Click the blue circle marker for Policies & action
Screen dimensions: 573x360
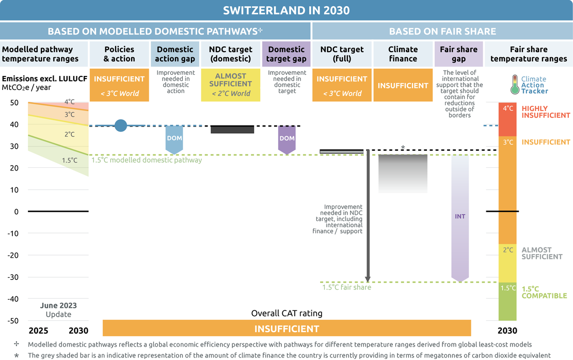(x=120, y=126)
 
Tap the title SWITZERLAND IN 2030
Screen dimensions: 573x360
(x=286, y=10)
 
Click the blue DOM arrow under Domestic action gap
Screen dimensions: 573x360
(x=174, y=140)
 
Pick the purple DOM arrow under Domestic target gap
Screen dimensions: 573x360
(x=286, y=140)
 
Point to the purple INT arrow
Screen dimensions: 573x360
(x=460, y=217)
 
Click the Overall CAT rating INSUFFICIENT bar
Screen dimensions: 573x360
(x=286, y=328)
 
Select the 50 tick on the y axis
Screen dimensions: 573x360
(x=13, y=102)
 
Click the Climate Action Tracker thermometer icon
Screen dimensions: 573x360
(x=514, y=85)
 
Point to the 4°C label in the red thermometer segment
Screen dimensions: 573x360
(x=508, y=108)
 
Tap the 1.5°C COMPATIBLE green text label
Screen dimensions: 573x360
(x=540, y=292)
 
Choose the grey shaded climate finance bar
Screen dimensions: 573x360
(x=403, y=174)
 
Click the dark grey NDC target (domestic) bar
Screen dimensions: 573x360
(x=232, y=129)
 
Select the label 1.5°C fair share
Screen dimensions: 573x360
(x=346, y=287)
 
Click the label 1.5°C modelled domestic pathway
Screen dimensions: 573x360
(x=147, y=160)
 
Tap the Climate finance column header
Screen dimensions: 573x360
(x=403, y=54)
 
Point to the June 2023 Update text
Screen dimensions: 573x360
(x=58, y=310)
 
